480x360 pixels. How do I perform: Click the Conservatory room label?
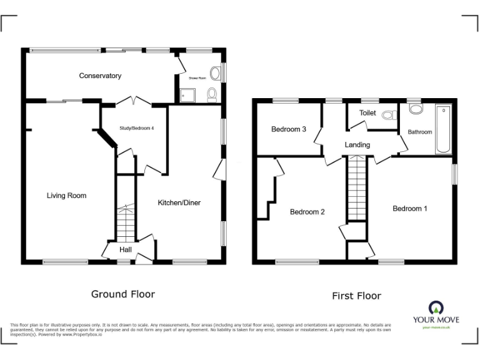pos(100,76)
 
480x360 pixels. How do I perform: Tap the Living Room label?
pos(66,196)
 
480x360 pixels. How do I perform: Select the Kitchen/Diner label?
pos(179,202)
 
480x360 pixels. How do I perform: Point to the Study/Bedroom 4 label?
pos(136,128)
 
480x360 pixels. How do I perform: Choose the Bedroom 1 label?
pos(410,208)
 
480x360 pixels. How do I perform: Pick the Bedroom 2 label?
pos(307,212)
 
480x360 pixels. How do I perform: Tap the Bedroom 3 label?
pos(288,129)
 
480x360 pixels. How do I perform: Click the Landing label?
pos(357,145)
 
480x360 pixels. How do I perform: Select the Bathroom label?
pos(420,132)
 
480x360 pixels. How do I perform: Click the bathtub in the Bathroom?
pos(443,129)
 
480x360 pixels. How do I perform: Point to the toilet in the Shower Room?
pos(211,94)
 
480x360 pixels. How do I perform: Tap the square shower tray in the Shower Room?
pos(186,95)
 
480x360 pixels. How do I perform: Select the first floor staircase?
pos(357,187)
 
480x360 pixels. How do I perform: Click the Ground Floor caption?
pos(123,294)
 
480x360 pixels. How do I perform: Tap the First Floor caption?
pos(356,296)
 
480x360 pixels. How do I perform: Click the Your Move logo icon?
pos(436,308)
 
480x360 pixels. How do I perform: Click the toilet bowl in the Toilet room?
pos(390,115)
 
